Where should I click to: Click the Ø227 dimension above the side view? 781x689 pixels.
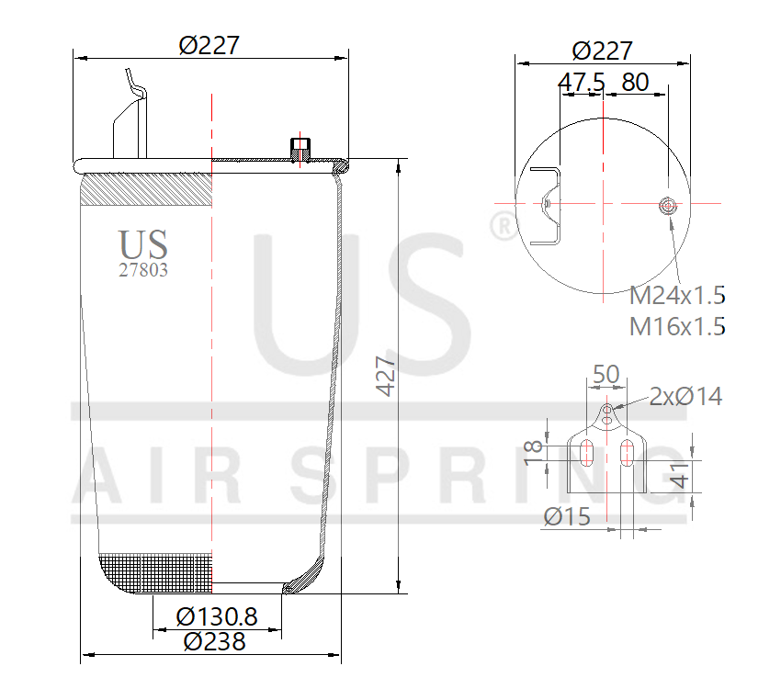tap(209, 44)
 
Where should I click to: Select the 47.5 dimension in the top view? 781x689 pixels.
tap(582, 83)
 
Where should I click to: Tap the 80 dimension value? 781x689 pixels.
tap(635, 83)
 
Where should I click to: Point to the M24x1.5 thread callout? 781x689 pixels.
tap(677, 296)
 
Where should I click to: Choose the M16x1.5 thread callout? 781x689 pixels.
tap(677, 325)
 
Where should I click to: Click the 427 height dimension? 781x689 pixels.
tap(386, 377)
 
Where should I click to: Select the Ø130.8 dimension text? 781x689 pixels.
tap(217, 616)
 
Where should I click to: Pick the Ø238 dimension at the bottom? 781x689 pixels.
tap(214, 642)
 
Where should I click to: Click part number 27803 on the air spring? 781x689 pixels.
tap(142, 270)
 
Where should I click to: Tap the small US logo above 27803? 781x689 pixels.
tap(142, 245)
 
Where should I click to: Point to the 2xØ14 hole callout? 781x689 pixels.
tap(685, 397)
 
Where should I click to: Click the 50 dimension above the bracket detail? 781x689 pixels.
tap(606, 374)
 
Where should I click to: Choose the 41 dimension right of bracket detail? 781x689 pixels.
tap(678, 476)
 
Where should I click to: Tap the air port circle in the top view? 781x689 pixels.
tap(668, 205)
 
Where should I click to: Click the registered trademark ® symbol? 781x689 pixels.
tap(502, 226)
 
